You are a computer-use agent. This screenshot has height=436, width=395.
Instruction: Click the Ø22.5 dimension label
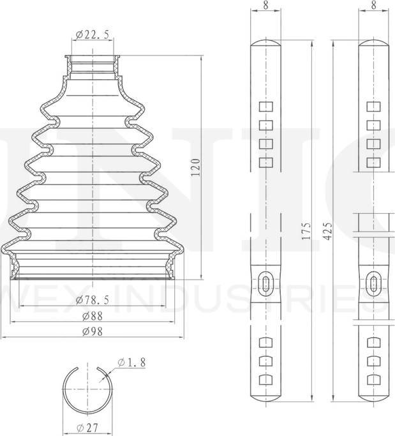[92, 34]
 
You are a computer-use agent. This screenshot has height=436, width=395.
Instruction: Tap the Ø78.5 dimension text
[93, 299]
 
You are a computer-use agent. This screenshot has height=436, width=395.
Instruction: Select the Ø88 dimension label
[93, 315]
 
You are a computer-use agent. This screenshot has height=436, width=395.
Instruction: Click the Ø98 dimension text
[93, 331]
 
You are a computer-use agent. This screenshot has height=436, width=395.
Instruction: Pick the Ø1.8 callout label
[131, 363]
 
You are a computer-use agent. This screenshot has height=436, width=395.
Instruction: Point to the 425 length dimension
[327, 230]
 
